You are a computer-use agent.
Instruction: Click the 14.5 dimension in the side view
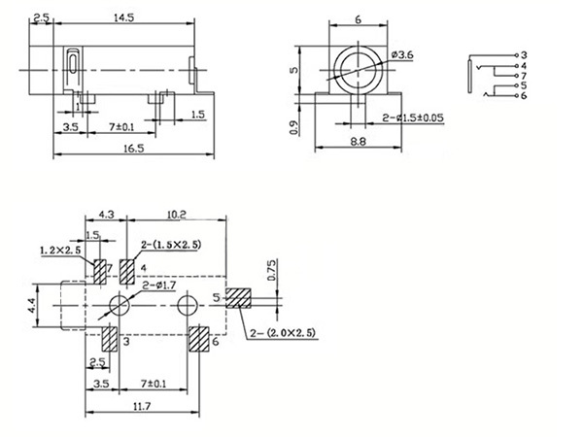coord(124,17)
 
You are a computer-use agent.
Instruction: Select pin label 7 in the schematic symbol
coord(524,74)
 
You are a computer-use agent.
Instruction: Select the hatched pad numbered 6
coord(198,340)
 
